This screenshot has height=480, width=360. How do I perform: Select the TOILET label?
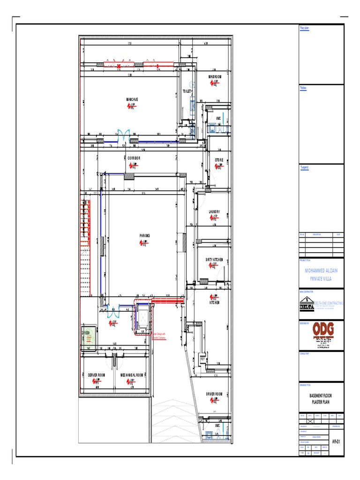(x=187, y=91)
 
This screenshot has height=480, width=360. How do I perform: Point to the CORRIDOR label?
(x=134, y=158)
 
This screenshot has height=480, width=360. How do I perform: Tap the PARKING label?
(x=144, y=236)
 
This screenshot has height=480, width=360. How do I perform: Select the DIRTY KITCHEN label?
(x=217, y=260)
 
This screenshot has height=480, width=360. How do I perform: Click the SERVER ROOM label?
(x=96, y=375)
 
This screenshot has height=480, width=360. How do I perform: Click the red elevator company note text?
(x=158, y=336)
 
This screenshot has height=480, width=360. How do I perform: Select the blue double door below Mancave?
(x=124, y=135)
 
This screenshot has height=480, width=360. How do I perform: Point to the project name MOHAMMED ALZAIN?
(x=321, y=271)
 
